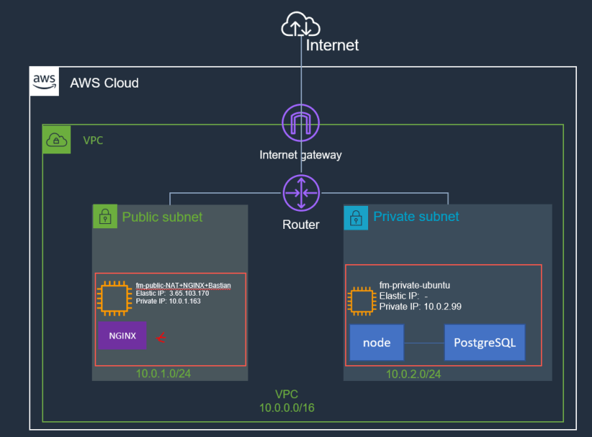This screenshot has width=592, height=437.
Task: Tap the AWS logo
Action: click(43, 82)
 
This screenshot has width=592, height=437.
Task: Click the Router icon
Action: click(301, 193)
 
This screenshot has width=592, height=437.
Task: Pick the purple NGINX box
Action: click(122, 335)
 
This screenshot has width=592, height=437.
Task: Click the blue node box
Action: click(377, 342)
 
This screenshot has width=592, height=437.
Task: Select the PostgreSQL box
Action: click(484, 342)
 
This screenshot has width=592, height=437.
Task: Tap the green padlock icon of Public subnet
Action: click(105, 217)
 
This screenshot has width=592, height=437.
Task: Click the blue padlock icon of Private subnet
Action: click(356, 217)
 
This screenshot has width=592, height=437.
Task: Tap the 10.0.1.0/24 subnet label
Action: click(163, 374)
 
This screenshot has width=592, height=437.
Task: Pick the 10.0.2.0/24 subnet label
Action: click(413, 374)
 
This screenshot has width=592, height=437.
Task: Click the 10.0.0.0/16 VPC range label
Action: click(287, 408)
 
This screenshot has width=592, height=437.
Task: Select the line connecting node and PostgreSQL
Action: click(424, 343)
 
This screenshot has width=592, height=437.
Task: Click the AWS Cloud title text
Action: click(104, 83)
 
